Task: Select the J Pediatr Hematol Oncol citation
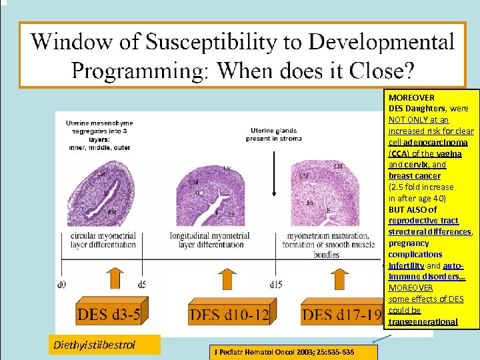[x=284, y=352]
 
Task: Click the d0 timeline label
[x=61, y=285]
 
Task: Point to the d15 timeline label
[x=274, y=285]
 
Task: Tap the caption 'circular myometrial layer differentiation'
[x=105, y=241]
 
